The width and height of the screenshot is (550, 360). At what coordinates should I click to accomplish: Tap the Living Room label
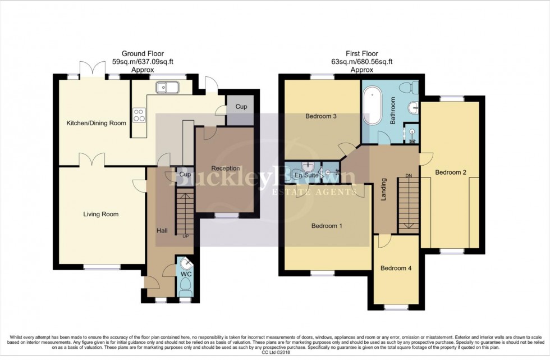pyautogui.click(x=101, y=214)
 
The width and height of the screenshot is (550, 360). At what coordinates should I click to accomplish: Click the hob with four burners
pyautogui.click(x=138, y=115)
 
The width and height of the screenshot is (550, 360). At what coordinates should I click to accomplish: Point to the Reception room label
pyautogui.click(x=226, y=168)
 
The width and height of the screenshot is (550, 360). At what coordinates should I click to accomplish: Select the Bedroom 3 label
pyautogui.click(x=320, y=117)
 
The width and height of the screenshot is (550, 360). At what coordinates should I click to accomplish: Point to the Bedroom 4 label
pyautogui.click(x=396, y=268)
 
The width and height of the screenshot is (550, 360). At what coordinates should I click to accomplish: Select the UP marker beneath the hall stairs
pyautogui.click(x=186, y=236)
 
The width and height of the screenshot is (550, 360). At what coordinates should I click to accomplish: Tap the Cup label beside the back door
pyautogui.click(x=240, y=107)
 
